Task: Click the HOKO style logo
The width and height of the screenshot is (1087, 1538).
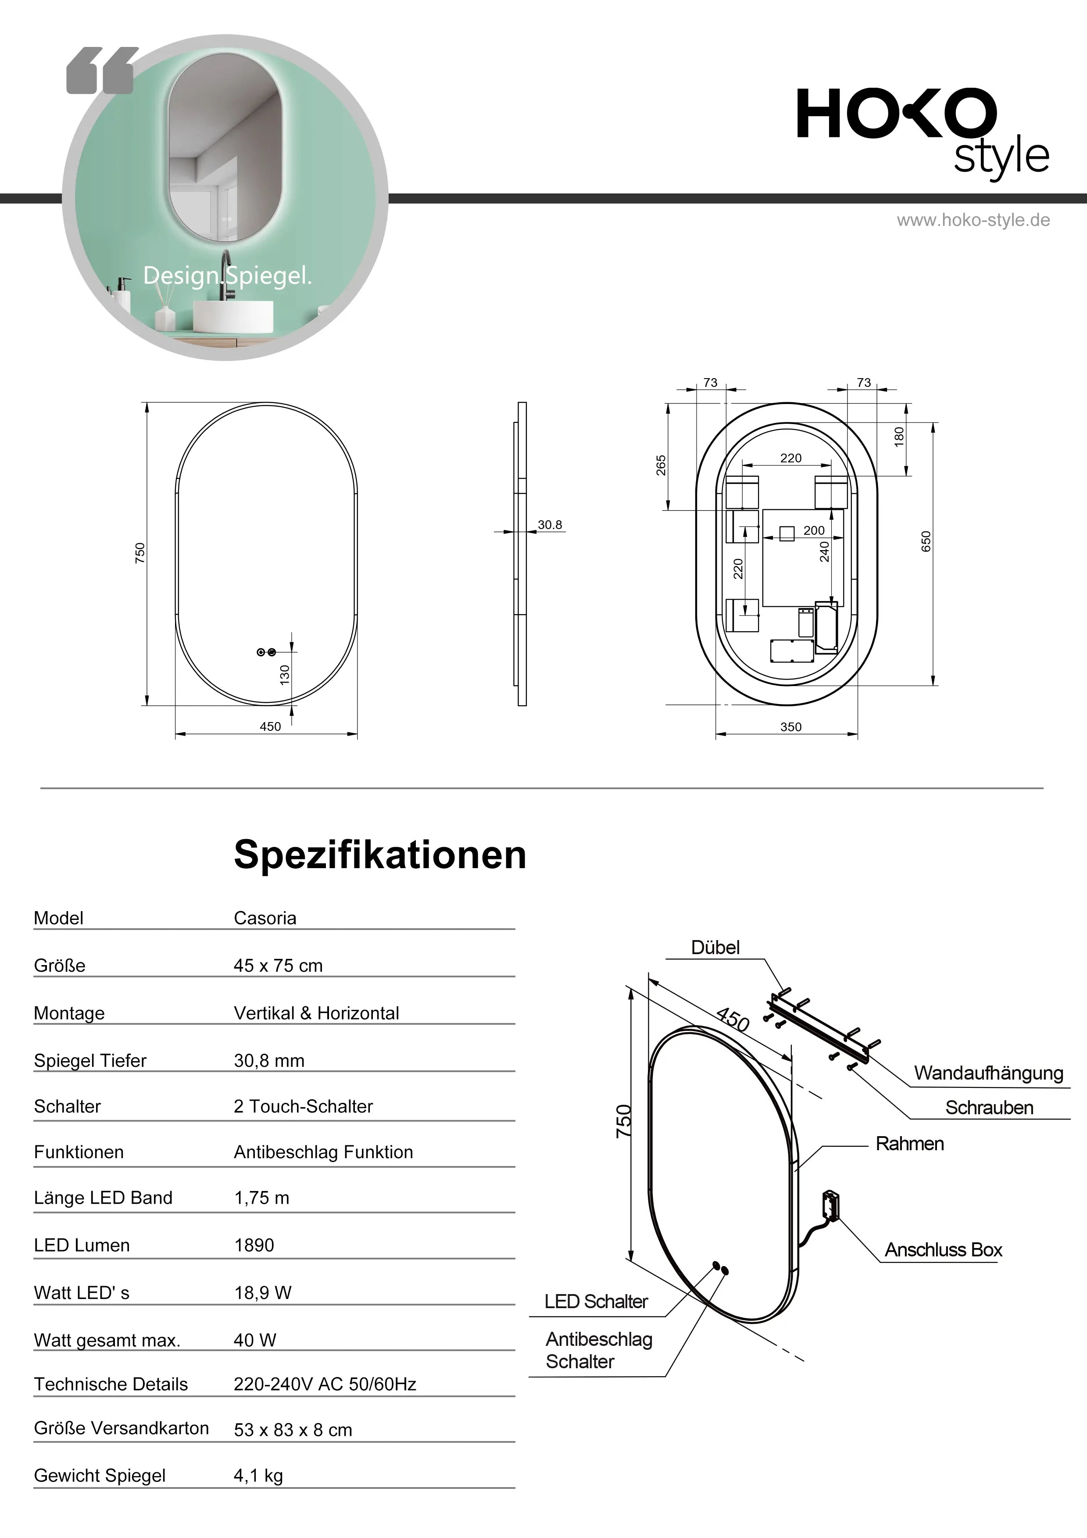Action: coord(921,131)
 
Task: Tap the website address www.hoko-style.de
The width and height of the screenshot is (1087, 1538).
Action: coord(973,220)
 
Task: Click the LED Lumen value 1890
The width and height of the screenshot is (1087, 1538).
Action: coord(254,1245)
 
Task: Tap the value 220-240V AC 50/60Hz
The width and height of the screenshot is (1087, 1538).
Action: coord(325,1384)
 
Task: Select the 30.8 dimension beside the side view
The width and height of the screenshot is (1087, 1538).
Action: coord(550,525)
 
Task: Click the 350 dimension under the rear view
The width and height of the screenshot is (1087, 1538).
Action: coord(790,727)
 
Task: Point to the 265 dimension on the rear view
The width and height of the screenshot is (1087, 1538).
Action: coord(661,465)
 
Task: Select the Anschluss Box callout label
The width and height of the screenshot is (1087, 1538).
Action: coord(943,1250)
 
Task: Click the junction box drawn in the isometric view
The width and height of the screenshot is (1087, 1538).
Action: coord(830,1206)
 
